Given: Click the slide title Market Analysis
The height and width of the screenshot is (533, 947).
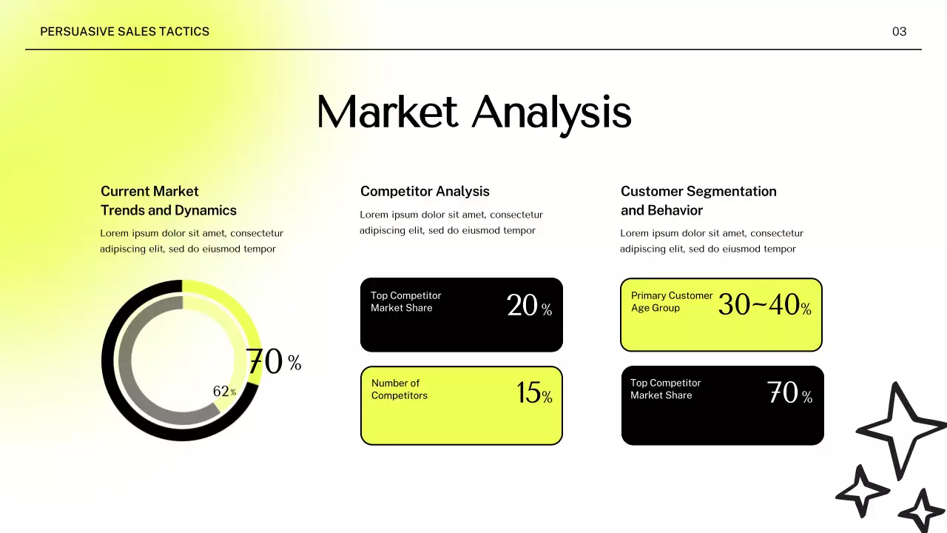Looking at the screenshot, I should tap(473, 113).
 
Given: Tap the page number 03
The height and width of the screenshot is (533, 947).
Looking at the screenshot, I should tap(899, 31).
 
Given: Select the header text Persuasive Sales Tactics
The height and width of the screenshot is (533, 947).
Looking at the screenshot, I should tap(124, 31).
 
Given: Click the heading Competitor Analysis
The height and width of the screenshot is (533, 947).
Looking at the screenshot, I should tap(425, 191).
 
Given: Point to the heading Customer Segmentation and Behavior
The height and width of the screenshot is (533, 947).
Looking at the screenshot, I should tap(698, 201).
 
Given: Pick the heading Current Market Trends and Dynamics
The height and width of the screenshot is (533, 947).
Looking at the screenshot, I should tap(169, 201).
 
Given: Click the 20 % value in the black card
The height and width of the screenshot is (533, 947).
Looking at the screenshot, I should tap(528, 305).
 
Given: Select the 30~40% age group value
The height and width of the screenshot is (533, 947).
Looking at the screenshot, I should tap(764, 304).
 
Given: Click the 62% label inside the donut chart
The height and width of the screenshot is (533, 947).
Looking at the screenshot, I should tap(224, 392).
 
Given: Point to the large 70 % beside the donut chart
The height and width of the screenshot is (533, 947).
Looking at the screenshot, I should tap(272, 362).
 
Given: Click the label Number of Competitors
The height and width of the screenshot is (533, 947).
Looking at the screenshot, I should tap(400, 389).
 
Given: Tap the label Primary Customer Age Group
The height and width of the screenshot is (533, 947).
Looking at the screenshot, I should tap(671, 301).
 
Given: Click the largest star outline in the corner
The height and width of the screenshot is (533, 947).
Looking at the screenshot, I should tap(900, 429).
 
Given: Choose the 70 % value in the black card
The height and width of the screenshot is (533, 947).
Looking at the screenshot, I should tap(789, 393).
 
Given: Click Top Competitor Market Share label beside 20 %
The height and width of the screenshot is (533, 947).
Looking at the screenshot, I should tap(405, 301).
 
